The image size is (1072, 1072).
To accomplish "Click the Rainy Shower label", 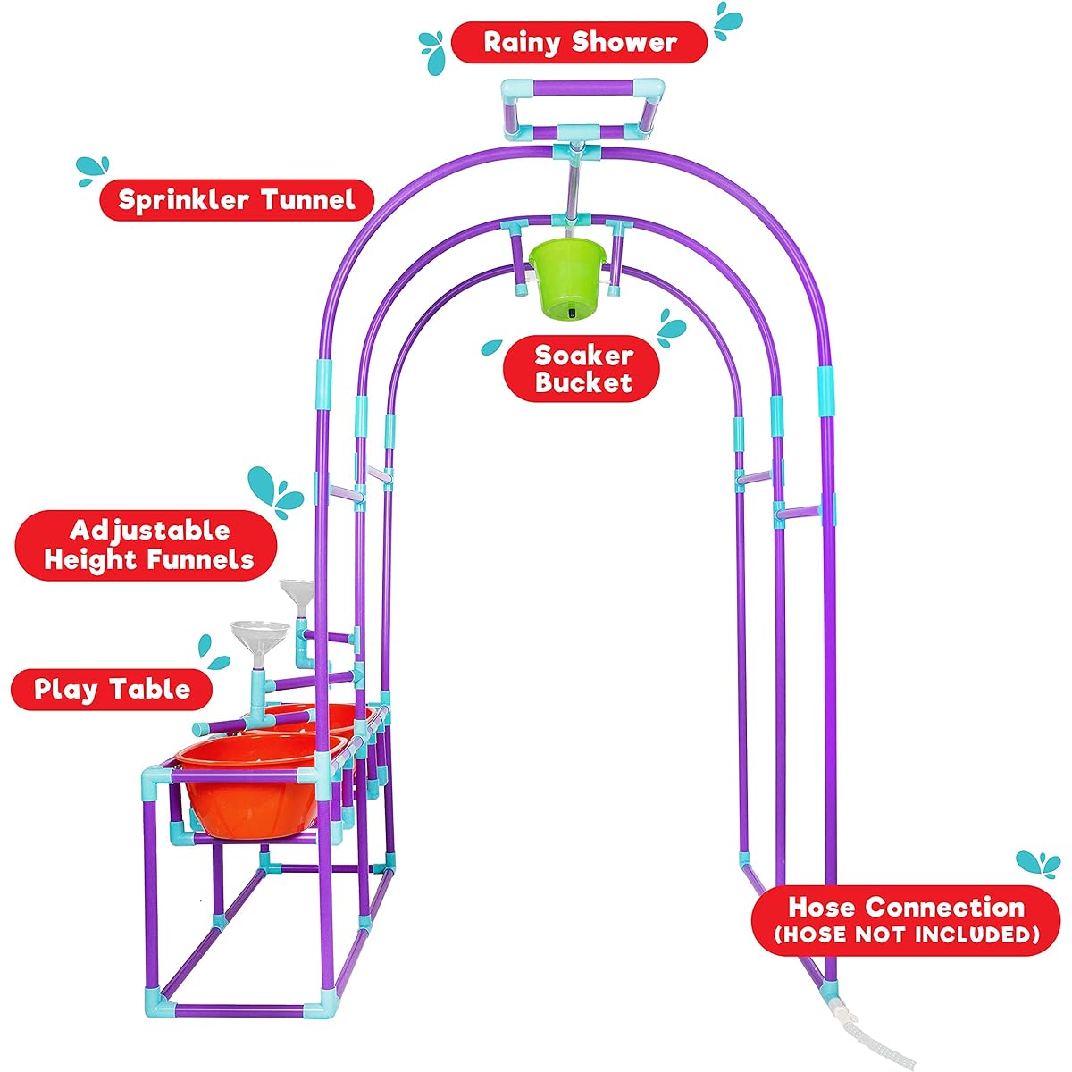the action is (579, 42).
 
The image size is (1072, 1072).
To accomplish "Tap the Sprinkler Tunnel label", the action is (237, 200).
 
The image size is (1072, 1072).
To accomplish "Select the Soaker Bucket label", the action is (582, 369).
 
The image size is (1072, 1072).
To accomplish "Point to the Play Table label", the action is (112, 690).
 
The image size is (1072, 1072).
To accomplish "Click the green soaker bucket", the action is (567, 278).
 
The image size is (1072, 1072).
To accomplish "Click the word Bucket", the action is (583, 382).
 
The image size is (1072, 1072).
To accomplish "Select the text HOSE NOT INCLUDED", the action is (906, 934).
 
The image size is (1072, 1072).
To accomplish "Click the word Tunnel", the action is (308, 200).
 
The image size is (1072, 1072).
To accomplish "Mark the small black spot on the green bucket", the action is (573, 313).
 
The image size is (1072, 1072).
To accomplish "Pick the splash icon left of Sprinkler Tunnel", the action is (93, 171).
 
